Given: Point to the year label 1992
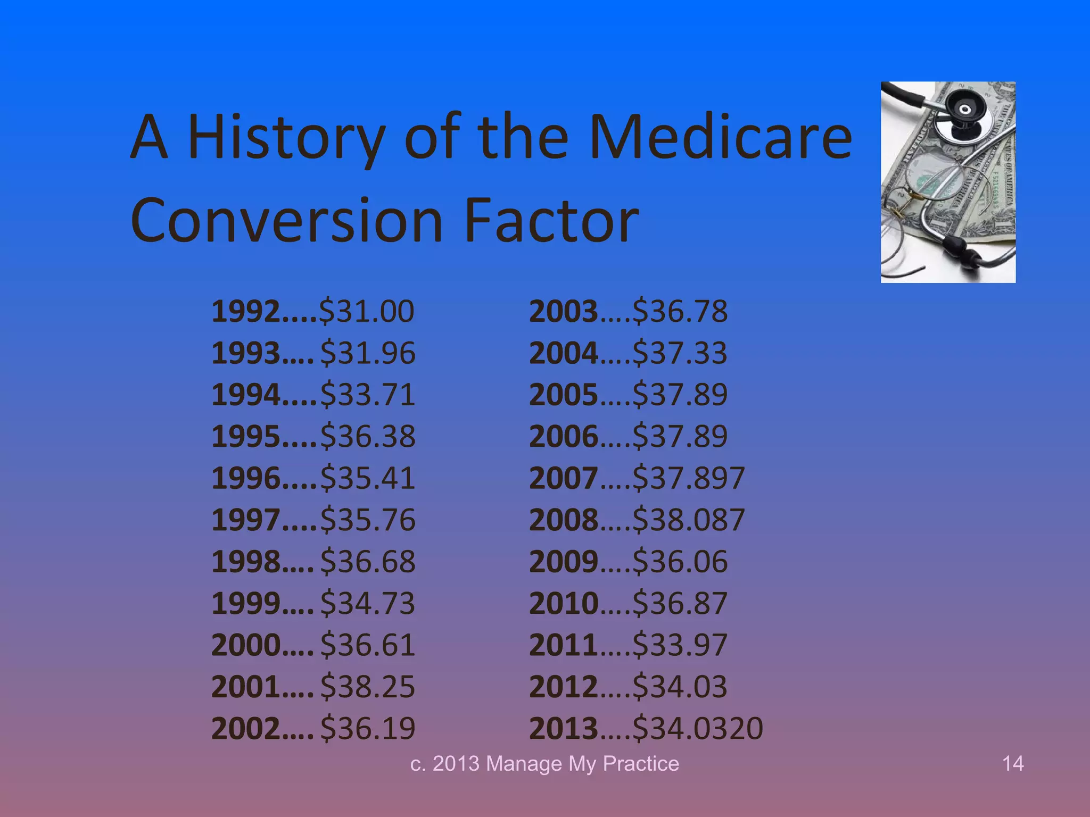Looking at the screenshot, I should tap(245, 311).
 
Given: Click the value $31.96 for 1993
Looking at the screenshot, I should tap(368, 353).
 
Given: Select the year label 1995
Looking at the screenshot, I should tap(245, 436).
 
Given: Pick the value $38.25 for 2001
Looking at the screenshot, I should tap(368, 686).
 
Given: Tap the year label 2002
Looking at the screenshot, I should tap(245, 728).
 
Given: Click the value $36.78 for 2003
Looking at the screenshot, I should tap(680, 311).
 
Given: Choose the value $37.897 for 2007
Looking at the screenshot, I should tap(688, 478).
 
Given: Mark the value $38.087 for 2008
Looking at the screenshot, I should tap(688, 520).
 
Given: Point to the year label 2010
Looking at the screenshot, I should tap(564, 603).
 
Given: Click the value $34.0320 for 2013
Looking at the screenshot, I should tap(698, 728).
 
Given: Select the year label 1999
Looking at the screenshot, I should tap(245, 603).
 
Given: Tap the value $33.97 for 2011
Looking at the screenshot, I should tap(680, 645).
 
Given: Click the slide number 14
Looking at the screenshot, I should tap(1012, 764).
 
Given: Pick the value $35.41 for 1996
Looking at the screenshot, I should tap(368, 478).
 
